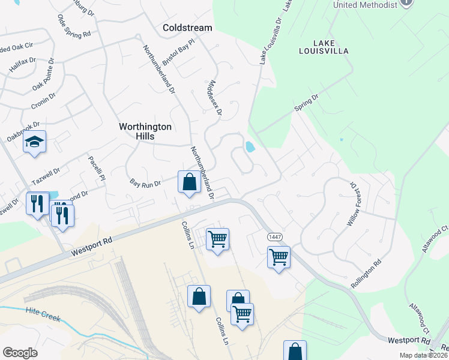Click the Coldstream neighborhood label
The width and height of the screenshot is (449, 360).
(x=187, y=28)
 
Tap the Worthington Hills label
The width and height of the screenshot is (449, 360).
(x=145, y=131)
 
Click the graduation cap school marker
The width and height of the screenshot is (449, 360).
(x=34, y=143)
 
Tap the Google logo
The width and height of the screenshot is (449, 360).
(x=20, y=353)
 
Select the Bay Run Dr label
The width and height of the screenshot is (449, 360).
(x=146, y=182)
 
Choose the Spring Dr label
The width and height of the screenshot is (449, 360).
(x=306, y=101)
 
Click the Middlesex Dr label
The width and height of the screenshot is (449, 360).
(x=214, y=95)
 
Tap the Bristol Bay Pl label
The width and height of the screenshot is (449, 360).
(x=179, y=52)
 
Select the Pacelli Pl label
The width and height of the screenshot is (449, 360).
(x=97, y=169)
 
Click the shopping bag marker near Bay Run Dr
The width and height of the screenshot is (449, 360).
(x=189, y=181)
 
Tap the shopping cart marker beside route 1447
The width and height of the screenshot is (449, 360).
(x=279, y=257)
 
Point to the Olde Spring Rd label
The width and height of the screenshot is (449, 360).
(x=74, y=27)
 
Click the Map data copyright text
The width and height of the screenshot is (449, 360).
(x=424, y=355)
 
